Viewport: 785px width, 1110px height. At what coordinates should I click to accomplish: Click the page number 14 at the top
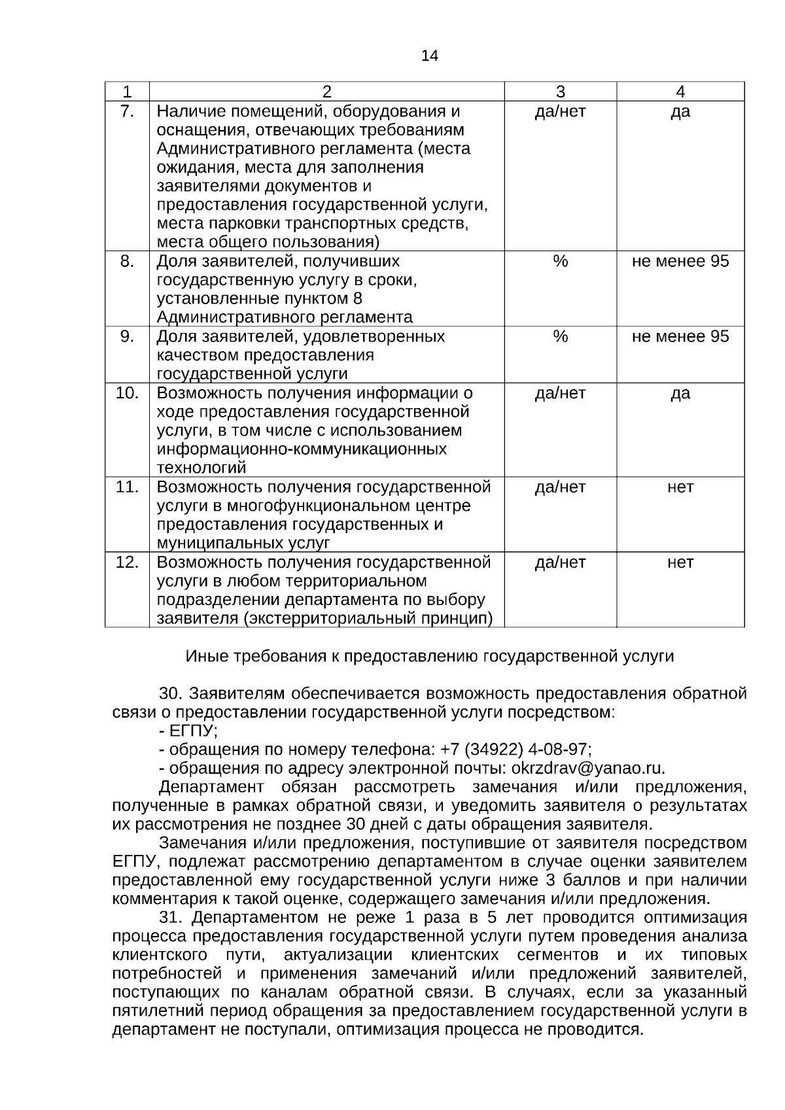click(429, 56)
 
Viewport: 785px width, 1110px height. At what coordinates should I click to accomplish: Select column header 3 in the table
click(560, 92)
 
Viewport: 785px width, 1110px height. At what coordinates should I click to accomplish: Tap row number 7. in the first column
click(127, 111)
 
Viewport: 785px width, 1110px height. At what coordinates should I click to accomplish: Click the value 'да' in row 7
click(680, 111)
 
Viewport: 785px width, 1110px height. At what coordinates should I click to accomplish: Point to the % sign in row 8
click(560, 261)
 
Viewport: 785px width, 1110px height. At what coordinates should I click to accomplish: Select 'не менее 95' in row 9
click(680, 336)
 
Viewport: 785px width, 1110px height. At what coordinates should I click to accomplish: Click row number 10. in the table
click(127, 393)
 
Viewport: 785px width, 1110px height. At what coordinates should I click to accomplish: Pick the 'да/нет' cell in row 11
click(560, 487)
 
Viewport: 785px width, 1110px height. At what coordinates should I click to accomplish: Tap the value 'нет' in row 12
click(680, 563)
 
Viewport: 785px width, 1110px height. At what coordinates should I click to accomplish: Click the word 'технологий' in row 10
click(201, 468)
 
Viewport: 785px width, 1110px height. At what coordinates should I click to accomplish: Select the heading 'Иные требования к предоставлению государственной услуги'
click(429, 656)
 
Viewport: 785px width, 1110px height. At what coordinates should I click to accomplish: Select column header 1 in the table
click(127, 92)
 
